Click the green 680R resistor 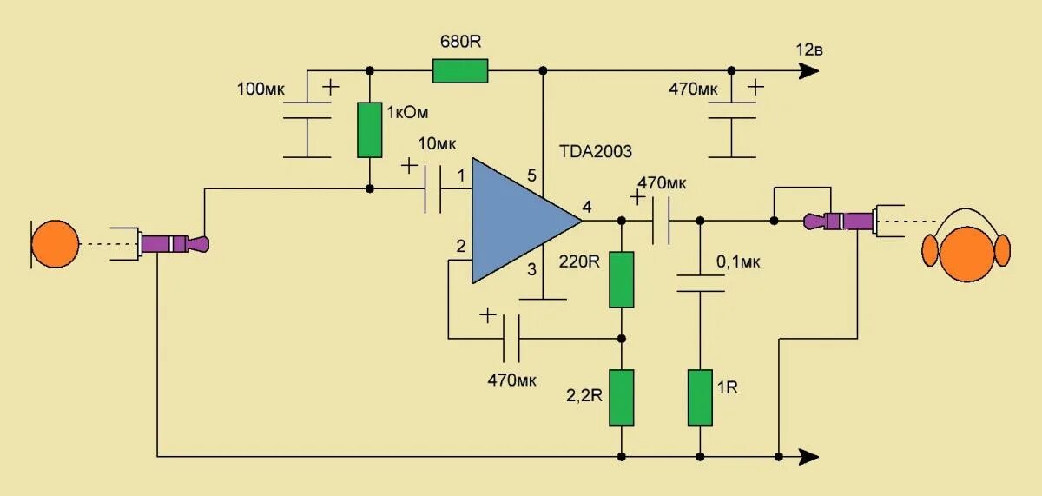click(x=460, y=70)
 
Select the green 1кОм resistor click(x=370, y=129)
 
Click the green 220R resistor click(x=621, y=279)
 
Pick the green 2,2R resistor click(x=621, y=397)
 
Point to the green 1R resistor click(x=700, y=397)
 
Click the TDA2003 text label click(x=597, y=150)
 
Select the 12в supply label click(x=808, y=49)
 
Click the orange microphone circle click(x=55, y=244)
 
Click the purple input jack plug click(x=174, y=243)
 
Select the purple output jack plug click(x=840, y=221)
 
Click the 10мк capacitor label click(x=439, y=143)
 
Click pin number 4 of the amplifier click(x=587, y=207)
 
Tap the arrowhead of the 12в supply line click(x=808, y=70)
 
